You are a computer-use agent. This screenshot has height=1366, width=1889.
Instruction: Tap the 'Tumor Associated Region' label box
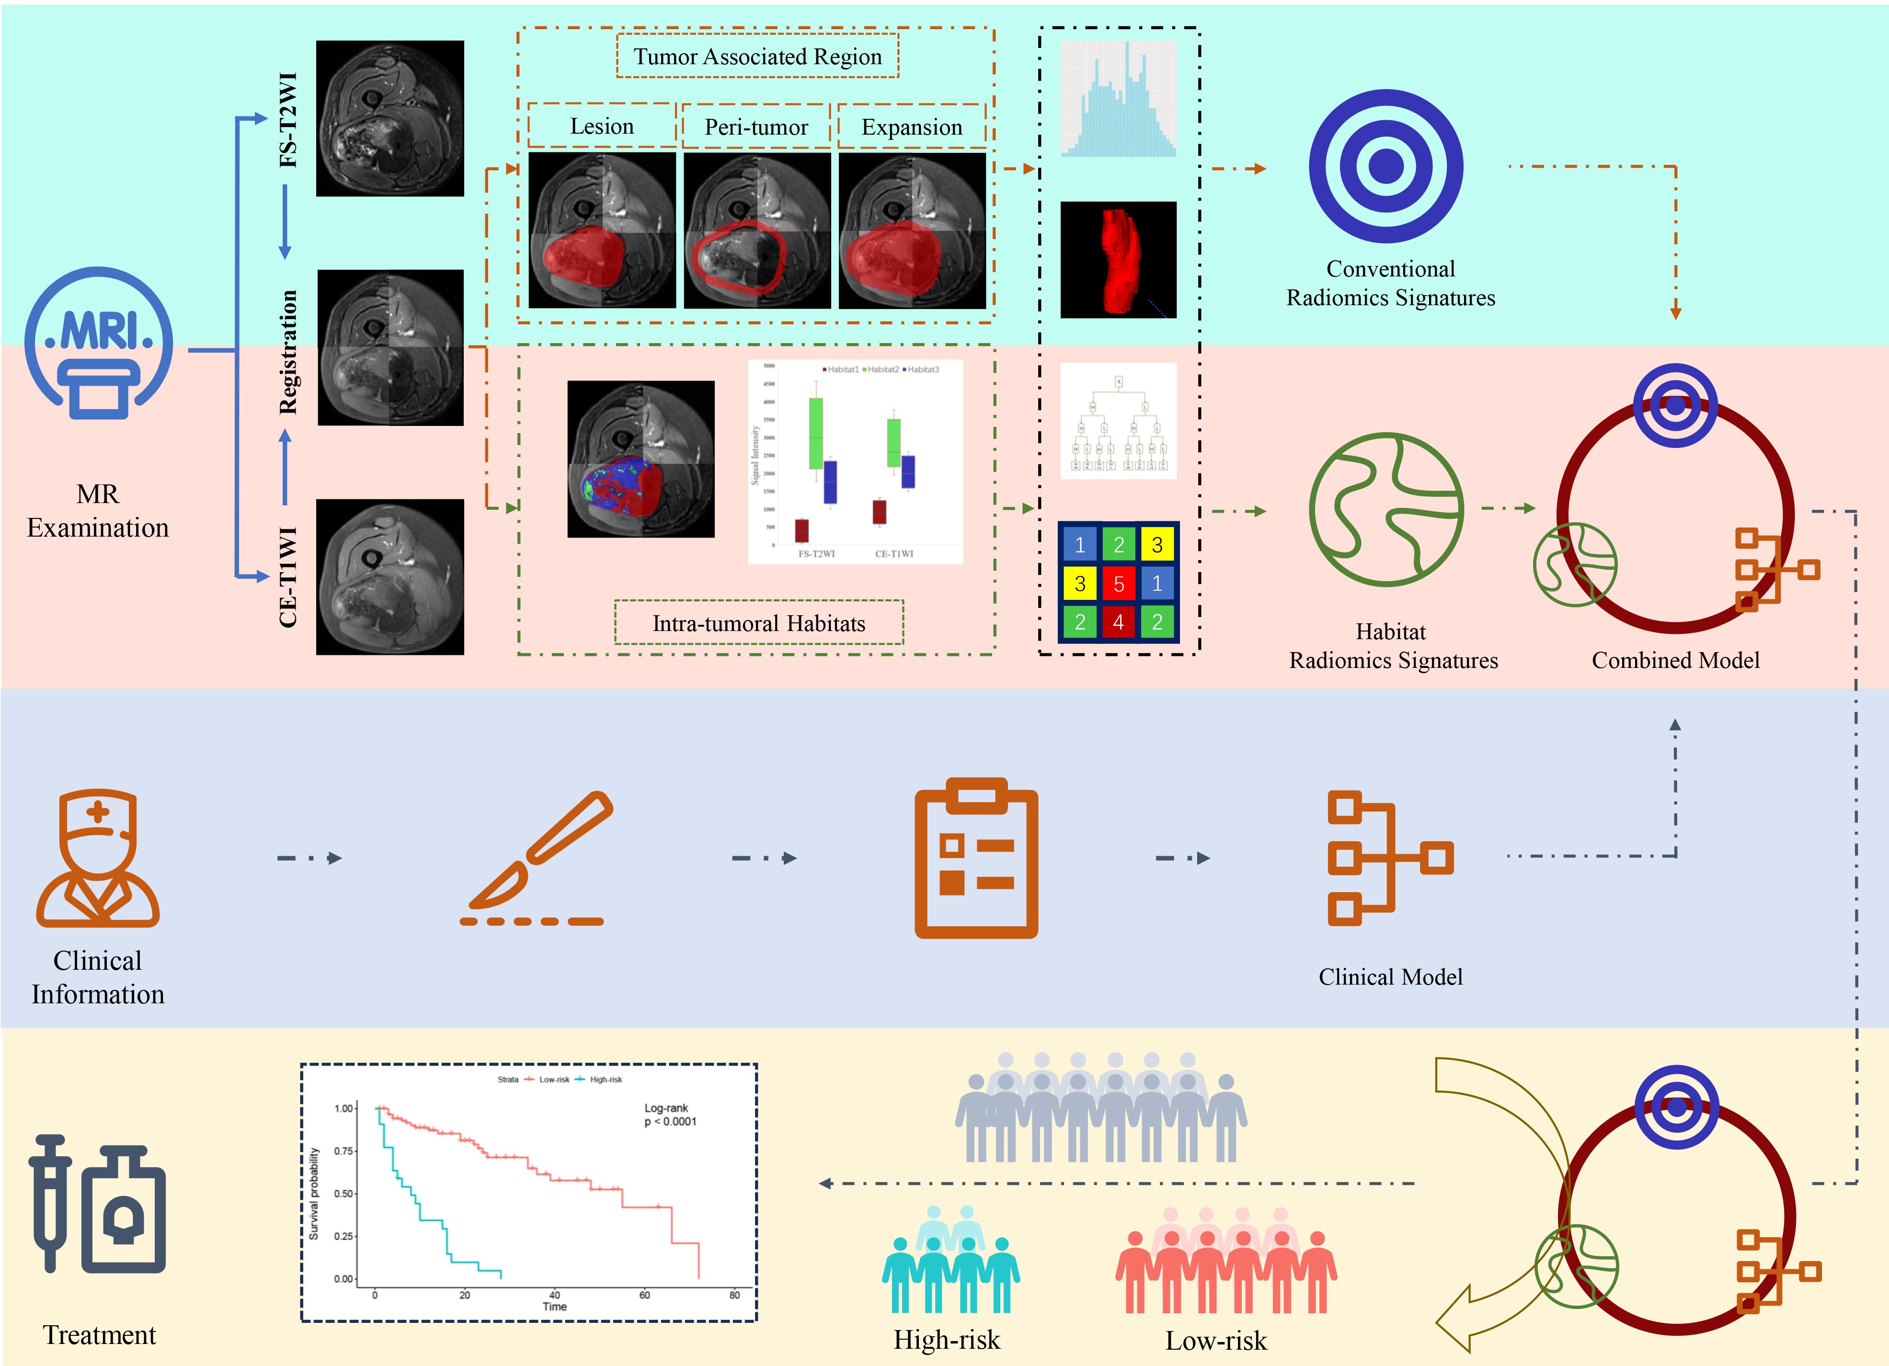pyautogui.click(x=757, y=57)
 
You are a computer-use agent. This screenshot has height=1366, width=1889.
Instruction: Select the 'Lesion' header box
pyautogui.click(x=601, y=126)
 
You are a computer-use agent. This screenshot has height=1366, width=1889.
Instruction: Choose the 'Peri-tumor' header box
pyautogui.click(x=756, y=126)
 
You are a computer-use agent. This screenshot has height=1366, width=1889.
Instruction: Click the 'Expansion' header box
pyautogui.click(x=911, y=126)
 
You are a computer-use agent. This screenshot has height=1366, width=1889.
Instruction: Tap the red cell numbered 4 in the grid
pyautogui.click(x=1119, y=621)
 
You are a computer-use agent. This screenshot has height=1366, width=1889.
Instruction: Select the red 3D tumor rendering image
pyautogui.click(x=1118, y=260)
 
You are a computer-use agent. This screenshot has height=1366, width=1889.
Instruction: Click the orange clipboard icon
pyautogui.click(x=976, y=858)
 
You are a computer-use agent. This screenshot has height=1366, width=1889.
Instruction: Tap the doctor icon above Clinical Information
pyautogui.click(x=97, y=858)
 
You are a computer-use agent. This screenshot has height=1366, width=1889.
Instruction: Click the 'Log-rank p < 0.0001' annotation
pyautogui.click(x=670, y=1114)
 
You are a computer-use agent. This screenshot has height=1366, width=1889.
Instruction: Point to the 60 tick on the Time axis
pyautogui.click(x=644, y=1294)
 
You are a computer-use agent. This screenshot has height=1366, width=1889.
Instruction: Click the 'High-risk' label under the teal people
pyautogui.click(x=947, y=1339)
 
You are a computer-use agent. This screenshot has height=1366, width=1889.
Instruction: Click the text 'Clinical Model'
pyautogui.click(x=1390, y=976)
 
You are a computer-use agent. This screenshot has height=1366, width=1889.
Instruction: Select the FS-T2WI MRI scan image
pyautogui.click(x=390, y=118)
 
